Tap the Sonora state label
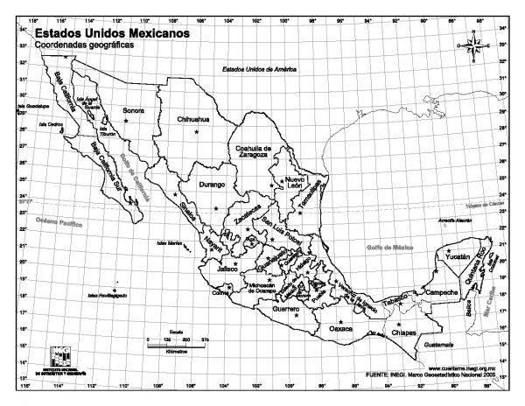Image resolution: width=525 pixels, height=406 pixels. [x=133, y=111]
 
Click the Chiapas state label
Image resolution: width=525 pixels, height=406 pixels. [x=404, y=333]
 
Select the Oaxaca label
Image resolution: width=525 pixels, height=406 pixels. [x=341, y=328]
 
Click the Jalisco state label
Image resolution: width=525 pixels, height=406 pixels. [x=228, y=268]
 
